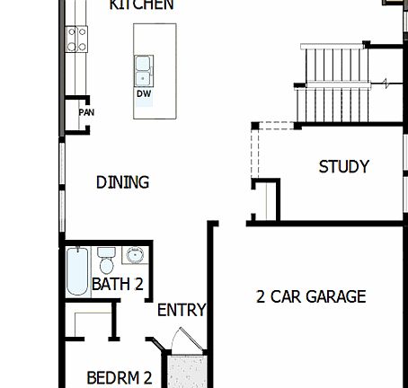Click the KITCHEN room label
(x=141, y=5)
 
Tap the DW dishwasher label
(x=144, y=93)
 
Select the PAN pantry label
(x=86, y=112)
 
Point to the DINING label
(x=122, y=182)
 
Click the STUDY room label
(x=343, y=166)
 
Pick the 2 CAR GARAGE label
(x=311, y=296)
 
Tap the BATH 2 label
(x=118, y=285)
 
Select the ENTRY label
(x=182, y=310)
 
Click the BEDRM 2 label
(x=119, y=378)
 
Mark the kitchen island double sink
(x=144, y=66)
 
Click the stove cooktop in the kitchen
(x=76, y=38)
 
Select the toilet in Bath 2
(x=105, y=261)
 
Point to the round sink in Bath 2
(x=134, y=256)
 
